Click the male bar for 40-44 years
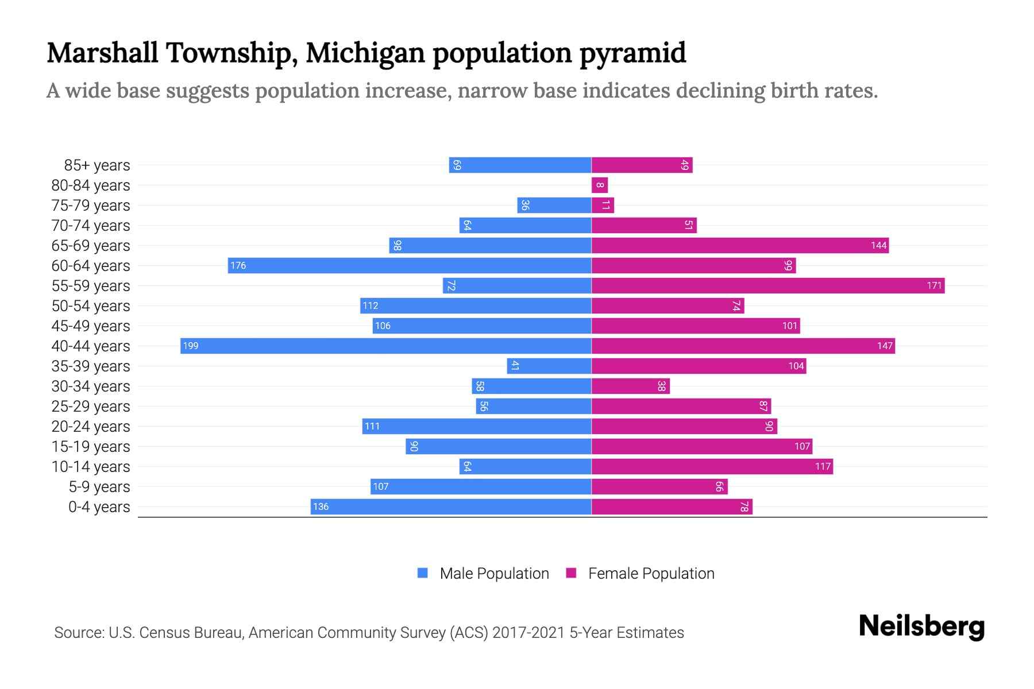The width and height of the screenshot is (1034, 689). tap(386, 346)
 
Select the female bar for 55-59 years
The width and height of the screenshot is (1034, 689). tap(768, 285)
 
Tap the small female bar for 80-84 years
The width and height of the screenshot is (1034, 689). tap(600, 185)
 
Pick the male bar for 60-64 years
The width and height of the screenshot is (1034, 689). tap(410, 265)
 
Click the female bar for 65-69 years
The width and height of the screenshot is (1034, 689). tap(740, 245)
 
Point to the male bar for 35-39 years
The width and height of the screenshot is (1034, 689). tap(549, 366)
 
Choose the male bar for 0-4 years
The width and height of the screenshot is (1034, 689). tap(451, 506)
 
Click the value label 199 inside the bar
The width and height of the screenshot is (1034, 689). tap(191, 346)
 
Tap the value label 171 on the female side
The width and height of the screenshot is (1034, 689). tap(934, 285)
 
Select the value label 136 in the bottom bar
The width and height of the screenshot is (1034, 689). tap(321, 506)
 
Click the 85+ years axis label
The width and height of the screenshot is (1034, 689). tap(97, 165)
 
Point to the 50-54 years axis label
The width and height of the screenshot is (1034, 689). tap(91, 306)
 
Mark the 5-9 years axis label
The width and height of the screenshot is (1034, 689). tap(99, 487)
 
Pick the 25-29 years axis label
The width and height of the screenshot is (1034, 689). tap(91, 407)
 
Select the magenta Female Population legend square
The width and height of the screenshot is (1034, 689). tap(571, 573)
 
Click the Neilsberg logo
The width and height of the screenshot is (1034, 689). tap(921, 626)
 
